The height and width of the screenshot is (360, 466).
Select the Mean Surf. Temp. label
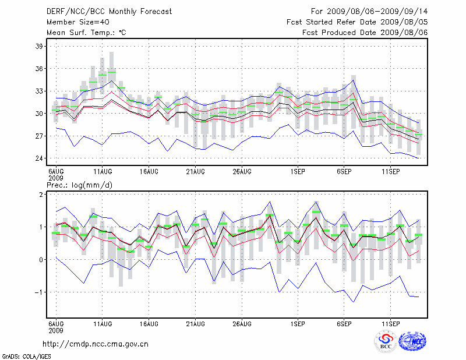[86, 33]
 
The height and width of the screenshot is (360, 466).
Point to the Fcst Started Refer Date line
[357, 22]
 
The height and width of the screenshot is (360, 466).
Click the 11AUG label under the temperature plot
[103, 172]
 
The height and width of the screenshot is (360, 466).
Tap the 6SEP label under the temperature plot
[344, 172]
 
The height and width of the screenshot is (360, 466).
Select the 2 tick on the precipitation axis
[41, 194]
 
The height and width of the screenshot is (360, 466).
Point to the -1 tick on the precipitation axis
[40, 292]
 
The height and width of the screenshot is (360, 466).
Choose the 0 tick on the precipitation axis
[41, 260]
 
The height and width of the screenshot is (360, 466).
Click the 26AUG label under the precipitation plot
[242, 323]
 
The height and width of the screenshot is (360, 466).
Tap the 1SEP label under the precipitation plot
[297, 323]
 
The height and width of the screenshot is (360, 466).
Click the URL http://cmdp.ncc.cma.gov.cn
[96, 344]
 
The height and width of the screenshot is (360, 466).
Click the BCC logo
[386, 342]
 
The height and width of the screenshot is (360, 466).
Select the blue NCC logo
[412, 342]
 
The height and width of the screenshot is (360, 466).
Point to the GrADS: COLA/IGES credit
[21, 355]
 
